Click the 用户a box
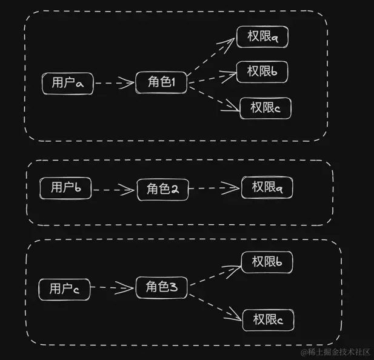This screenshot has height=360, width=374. [67, 83]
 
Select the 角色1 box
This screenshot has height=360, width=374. [161, 82]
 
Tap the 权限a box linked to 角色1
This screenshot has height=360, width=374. [262, 37]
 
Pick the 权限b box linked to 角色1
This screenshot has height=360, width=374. [262, 72]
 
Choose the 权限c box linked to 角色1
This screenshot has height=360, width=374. [265, 108]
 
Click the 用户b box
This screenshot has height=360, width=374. [65, 188]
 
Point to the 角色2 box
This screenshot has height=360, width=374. [162, 189]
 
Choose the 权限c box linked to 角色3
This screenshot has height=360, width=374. [268, 319]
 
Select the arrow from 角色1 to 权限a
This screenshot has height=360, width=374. [211, 58]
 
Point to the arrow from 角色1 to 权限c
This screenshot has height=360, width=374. [213, 97]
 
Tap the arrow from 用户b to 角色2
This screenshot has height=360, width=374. [113, 189]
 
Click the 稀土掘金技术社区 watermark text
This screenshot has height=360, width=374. [336, 352]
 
